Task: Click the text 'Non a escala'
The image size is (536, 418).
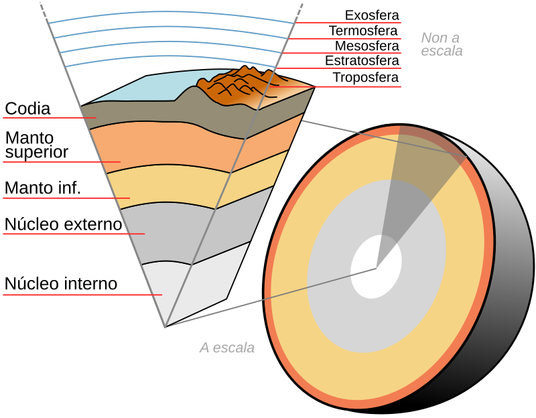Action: point(442,44)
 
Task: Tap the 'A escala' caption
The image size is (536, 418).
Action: point(227,348)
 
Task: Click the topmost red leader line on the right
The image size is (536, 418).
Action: point(348,23)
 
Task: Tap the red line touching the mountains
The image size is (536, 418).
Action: point(335,86)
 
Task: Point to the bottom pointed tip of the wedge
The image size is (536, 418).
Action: point(165,326)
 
